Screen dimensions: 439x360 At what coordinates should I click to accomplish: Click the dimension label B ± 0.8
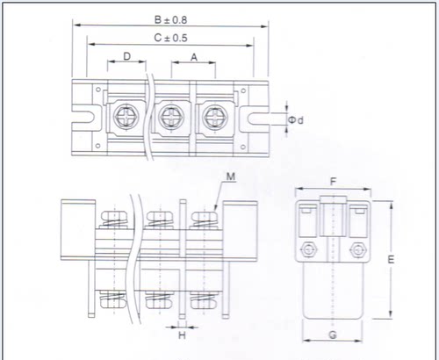coord(170,20)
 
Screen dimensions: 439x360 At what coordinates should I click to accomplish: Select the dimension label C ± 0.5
coord(170,38)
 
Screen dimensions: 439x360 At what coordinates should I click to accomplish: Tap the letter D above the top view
coord(126,56)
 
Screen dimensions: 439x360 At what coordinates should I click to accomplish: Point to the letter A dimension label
coord(194,57)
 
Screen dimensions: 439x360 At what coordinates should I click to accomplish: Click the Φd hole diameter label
coord(296,120)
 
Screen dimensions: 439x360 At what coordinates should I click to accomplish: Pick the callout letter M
coord(231,176)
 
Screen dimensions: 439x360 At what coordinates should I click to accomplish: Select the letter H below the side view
coord(182,335)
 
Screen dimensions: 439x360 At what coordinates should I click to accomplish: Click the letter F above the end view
coord(333,182)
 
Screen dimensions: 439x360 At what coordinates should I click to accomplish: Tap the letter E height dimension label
coord(391,259)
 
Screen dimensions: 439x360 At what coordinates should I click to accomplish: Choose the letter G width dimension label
coord(333,335)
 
